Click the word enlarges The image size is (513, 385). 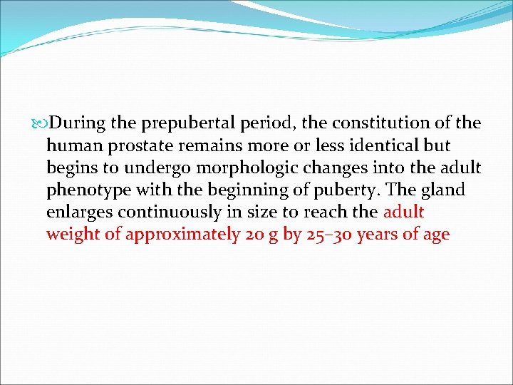(x=79, y=212)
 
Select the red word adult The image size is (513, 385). (x=403, y=212)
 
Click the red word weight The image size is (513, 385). (x=73, y=235)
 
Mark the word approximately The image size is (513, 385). (x=182, y=235)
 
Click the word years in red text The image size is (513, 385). (x=383, y=235)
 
